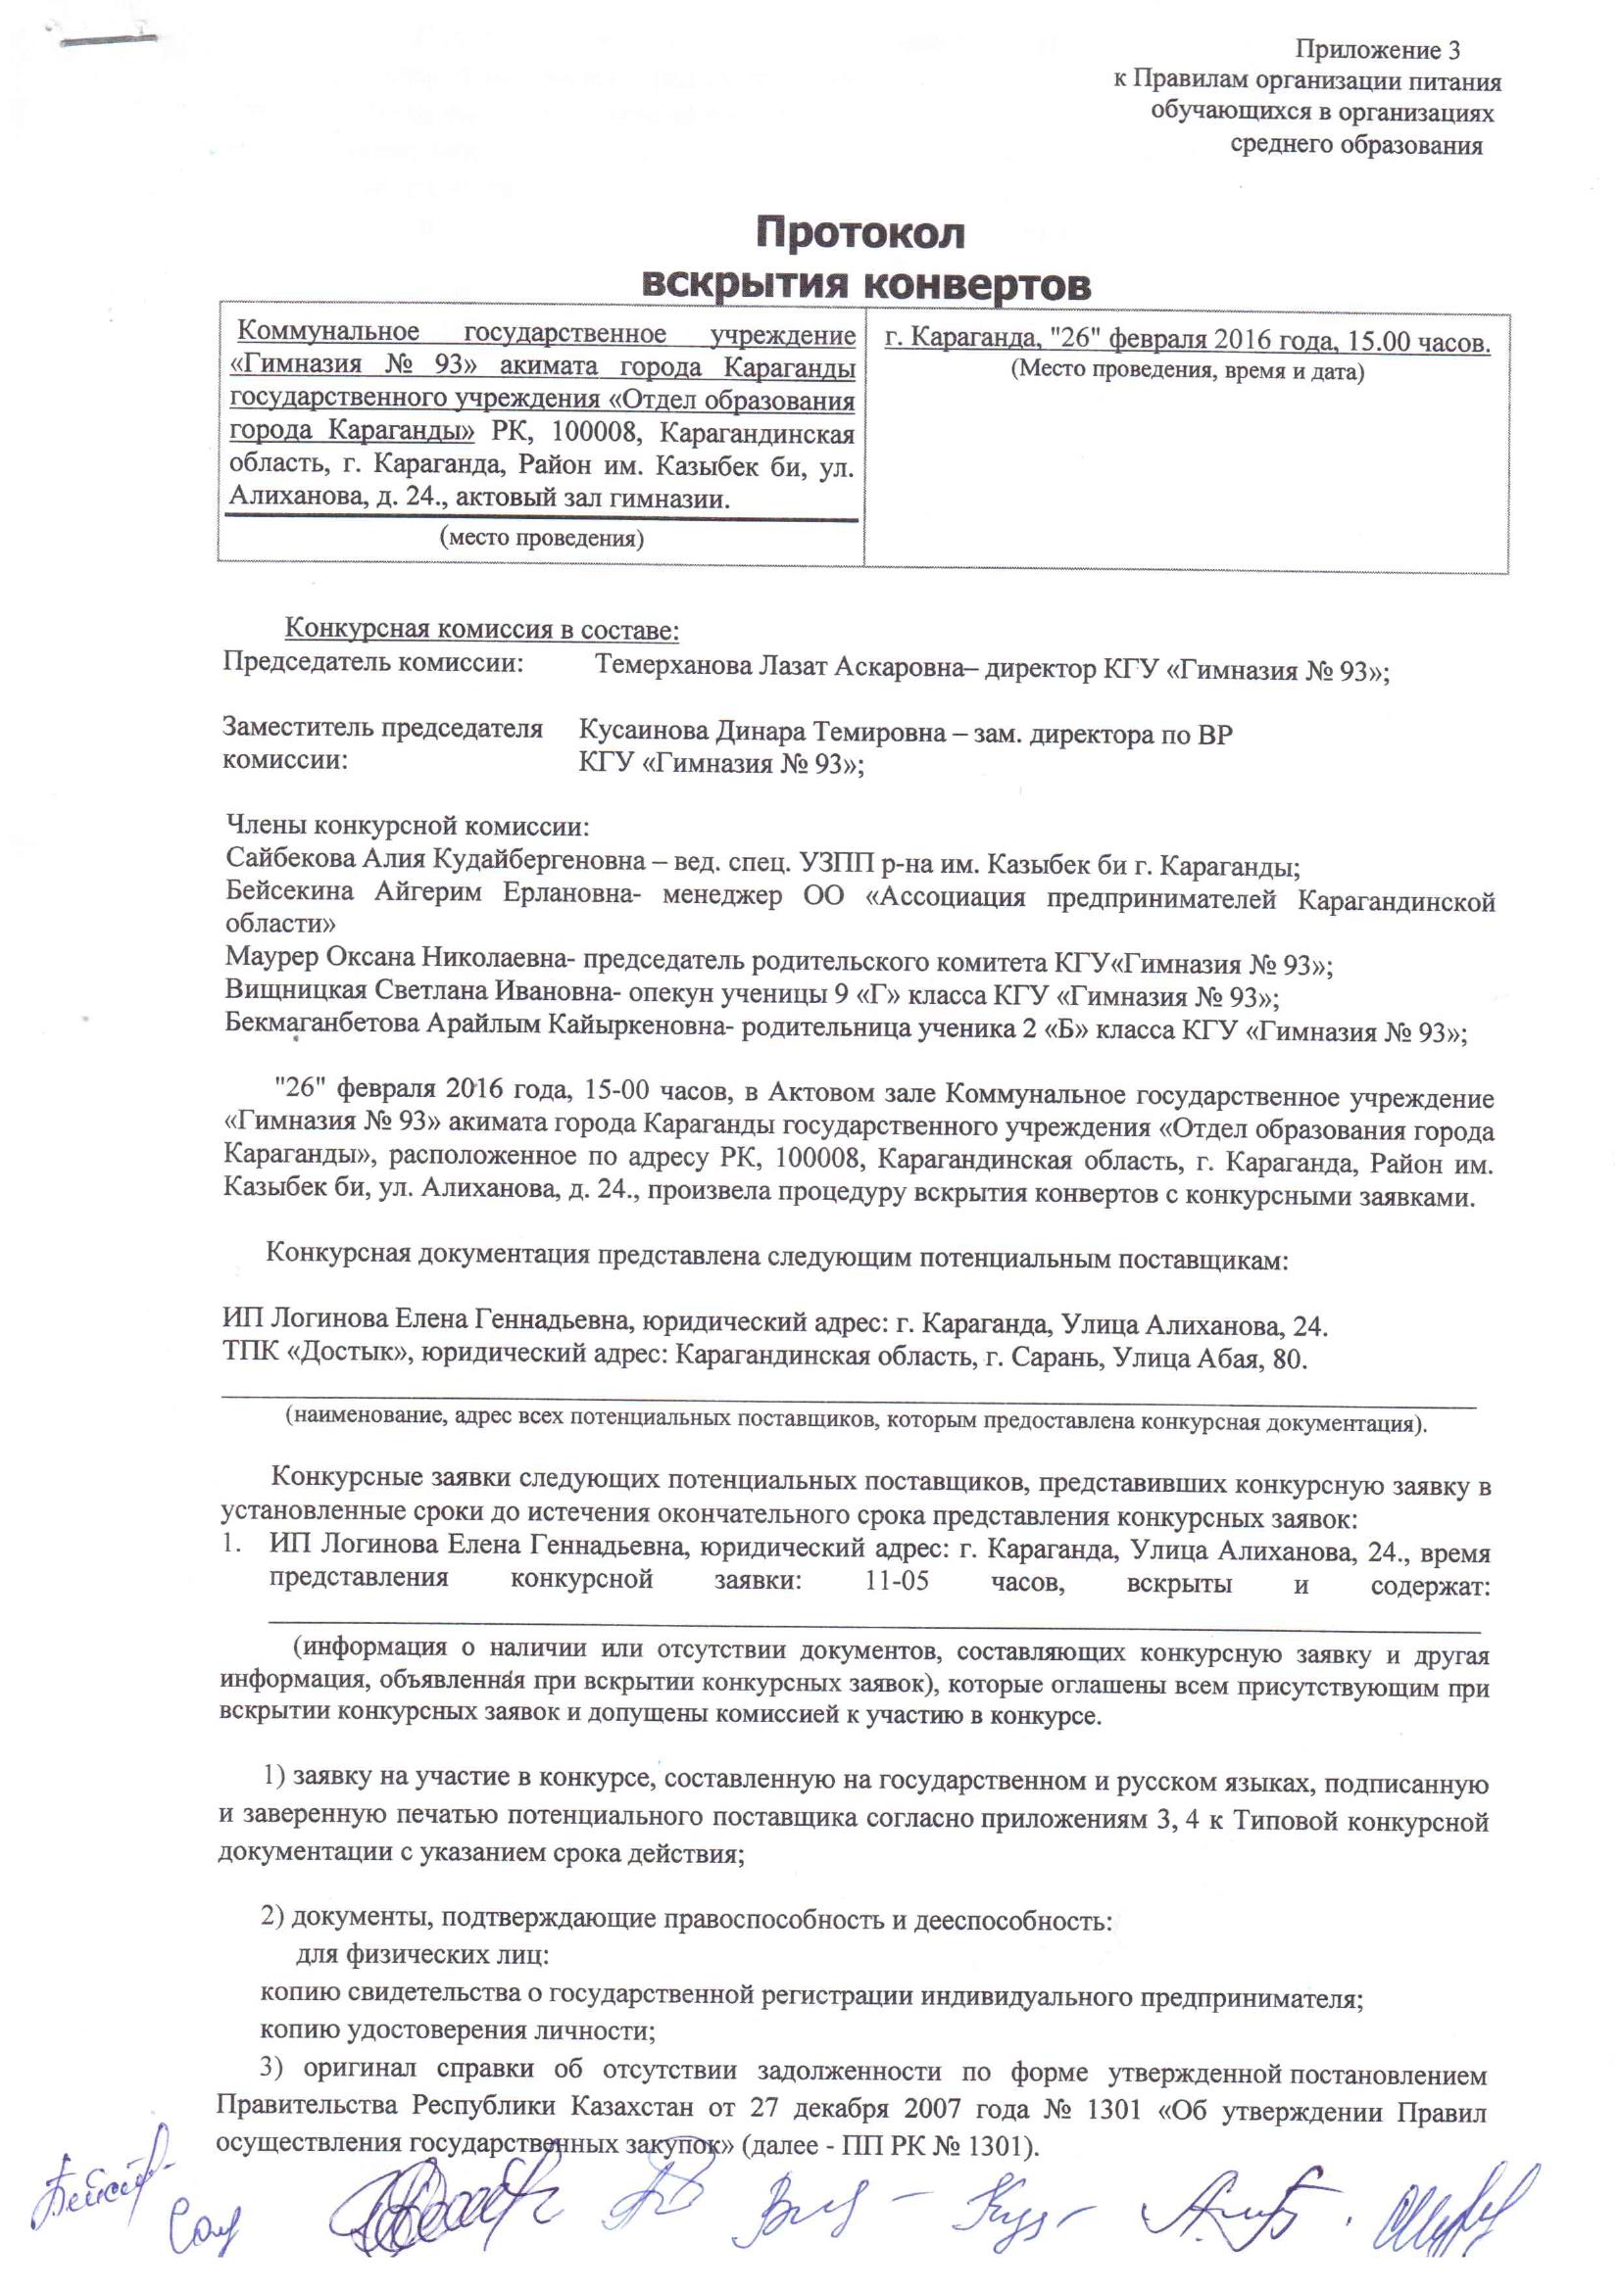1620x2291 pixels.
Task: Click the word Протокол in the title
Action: [860, 233]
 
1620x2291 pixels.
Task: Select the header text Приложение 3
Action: [1378, 49]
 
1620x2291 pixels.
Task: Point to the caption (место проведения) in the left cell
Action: [541, 539]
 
